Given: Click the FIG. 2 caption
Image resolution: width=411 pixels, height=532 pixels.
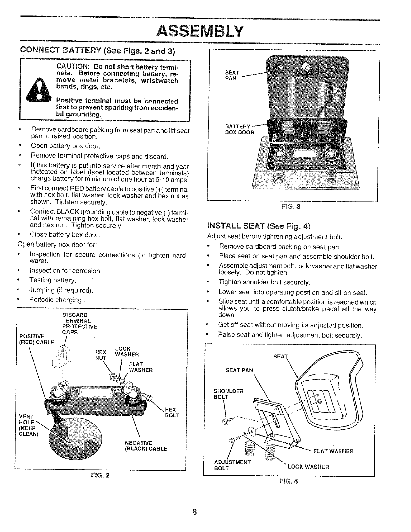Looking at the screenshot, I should pyautogui.click(x=100, y=475).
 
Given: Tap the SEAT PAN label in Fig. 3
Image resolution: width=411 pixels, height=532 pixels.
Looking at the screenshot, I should pyautogui.click(x=232, y=75).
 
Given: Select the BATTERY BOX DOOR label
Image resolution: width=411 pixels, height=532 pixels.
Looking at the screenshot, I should pyautogui.click(x=240, y=129).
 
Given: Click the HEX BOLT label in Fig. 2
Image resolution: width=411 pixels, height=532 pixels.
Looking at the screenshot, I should pyautogui.click(x=172, y=412).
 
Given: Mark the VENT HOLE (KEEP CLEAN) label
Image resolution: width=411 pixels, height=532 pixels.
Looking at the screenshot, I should pyautogui.click(x=29, y=425).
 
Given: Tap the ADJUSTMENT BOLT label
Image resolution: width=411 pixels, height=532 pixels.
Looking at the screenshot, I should pyautogui.click(x=232, y=465).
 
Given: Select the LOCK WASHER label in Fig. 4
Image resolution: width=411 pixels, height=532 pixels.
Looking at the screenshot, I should pyautogui.click(x=308, y=467).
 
